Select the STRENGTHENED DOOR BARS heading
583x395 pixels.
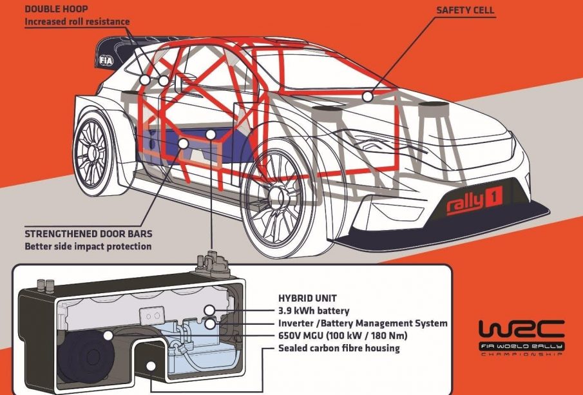point(84,233)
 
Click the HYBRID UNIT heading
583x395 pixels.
point(306,299)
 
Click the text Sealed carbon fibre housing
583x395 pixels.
point(339,348)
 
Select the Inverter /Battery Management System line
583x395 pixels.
point(363,323)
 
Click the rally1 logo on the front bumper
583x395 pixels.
point(475,204)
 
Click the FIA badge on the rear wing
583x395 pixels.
point(106,60)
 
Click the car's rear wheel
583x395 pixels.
point(90,149)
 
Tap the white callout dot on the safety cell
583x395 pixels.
point(367,97)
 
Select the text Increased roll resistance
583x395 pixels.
point(77,22)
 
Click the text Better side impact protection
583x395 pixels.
point(88,246)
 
